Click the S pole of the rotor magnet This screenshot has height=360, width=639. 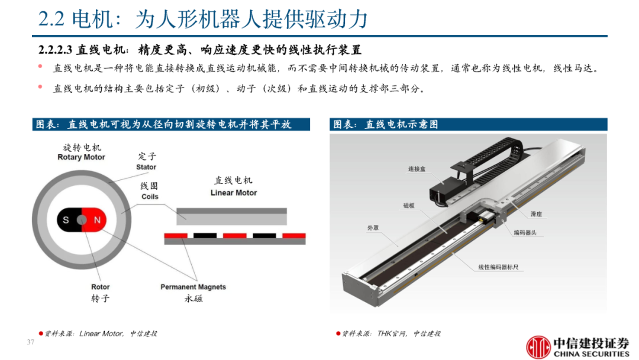point(67,220)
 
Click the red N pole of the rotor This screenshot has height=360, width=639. point(95,220)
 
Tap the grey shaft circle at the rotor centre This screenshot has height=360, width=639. point(82,220)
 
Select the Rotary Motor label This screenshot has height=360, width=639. point(81,157)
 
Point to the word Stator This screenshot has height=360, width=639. point(146,167)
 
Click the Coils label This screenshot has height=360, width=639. point(150,197)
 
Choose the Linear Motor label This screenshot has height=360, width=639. point(234,193)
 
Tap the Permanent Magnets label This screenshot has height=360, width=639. point(193,287)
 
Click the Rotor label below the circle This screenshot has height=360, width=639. point(100,287)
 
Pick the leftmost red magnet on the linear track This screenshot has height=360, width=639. point(176,236)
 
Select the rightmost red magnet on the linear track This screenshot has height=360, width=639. point(294,236)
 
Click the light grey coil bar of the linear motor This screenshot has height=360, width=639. point(231,217)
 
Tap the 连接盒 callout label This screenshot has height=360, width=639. point(417,169)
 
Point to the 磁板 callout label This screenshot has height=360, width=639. point(409,205)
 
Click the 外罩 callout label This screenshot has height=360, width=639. point(373,228)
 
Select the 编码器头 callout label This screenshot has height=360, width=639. point(525,233)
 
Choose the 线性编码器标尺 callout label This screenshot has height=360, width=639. point(498,267)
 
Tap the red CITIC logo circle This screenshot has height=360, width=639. point(538,347)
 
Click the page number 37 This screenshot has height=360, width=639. point(31,342)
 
